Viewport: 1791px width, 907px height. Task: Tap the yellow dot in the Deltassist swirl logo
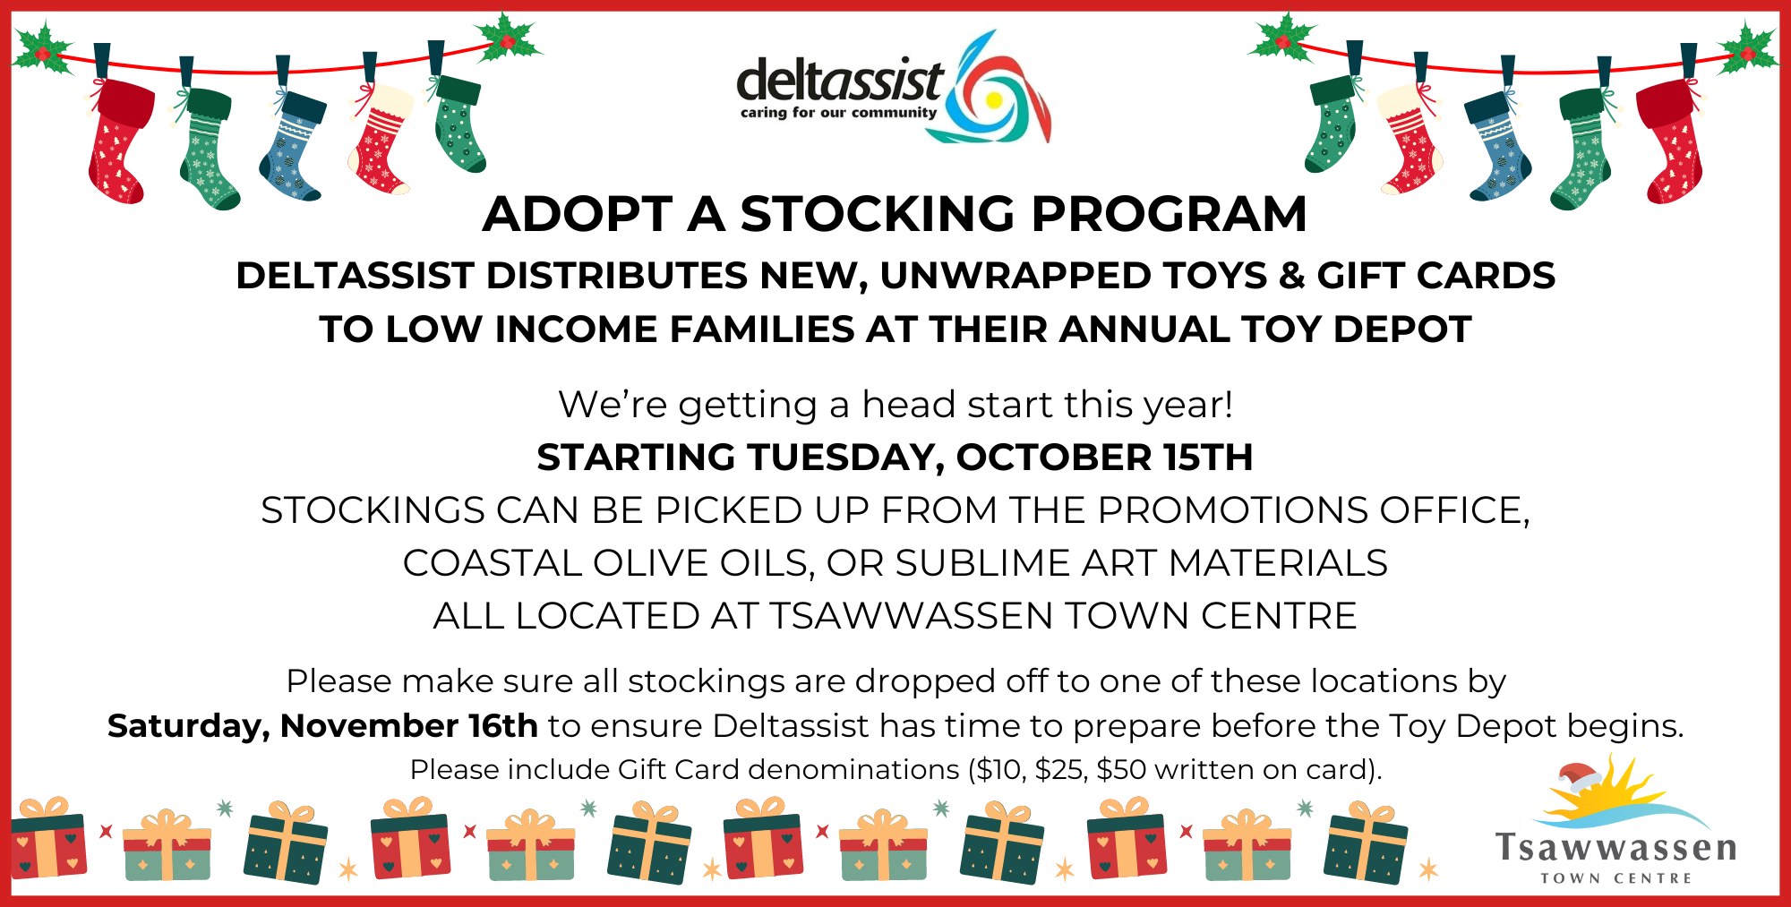tap(993, 100)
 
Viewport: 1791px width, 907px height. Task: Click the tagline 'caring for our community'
tap(838, 113)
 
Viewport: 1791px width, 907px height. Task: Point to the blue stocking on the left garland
tap(292, 143)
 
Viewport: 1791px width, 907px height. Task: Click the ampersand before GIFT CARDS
tap(1292, 276)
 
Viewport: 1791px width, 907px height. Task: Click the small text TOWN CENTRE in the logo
tap(1616, 878)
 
